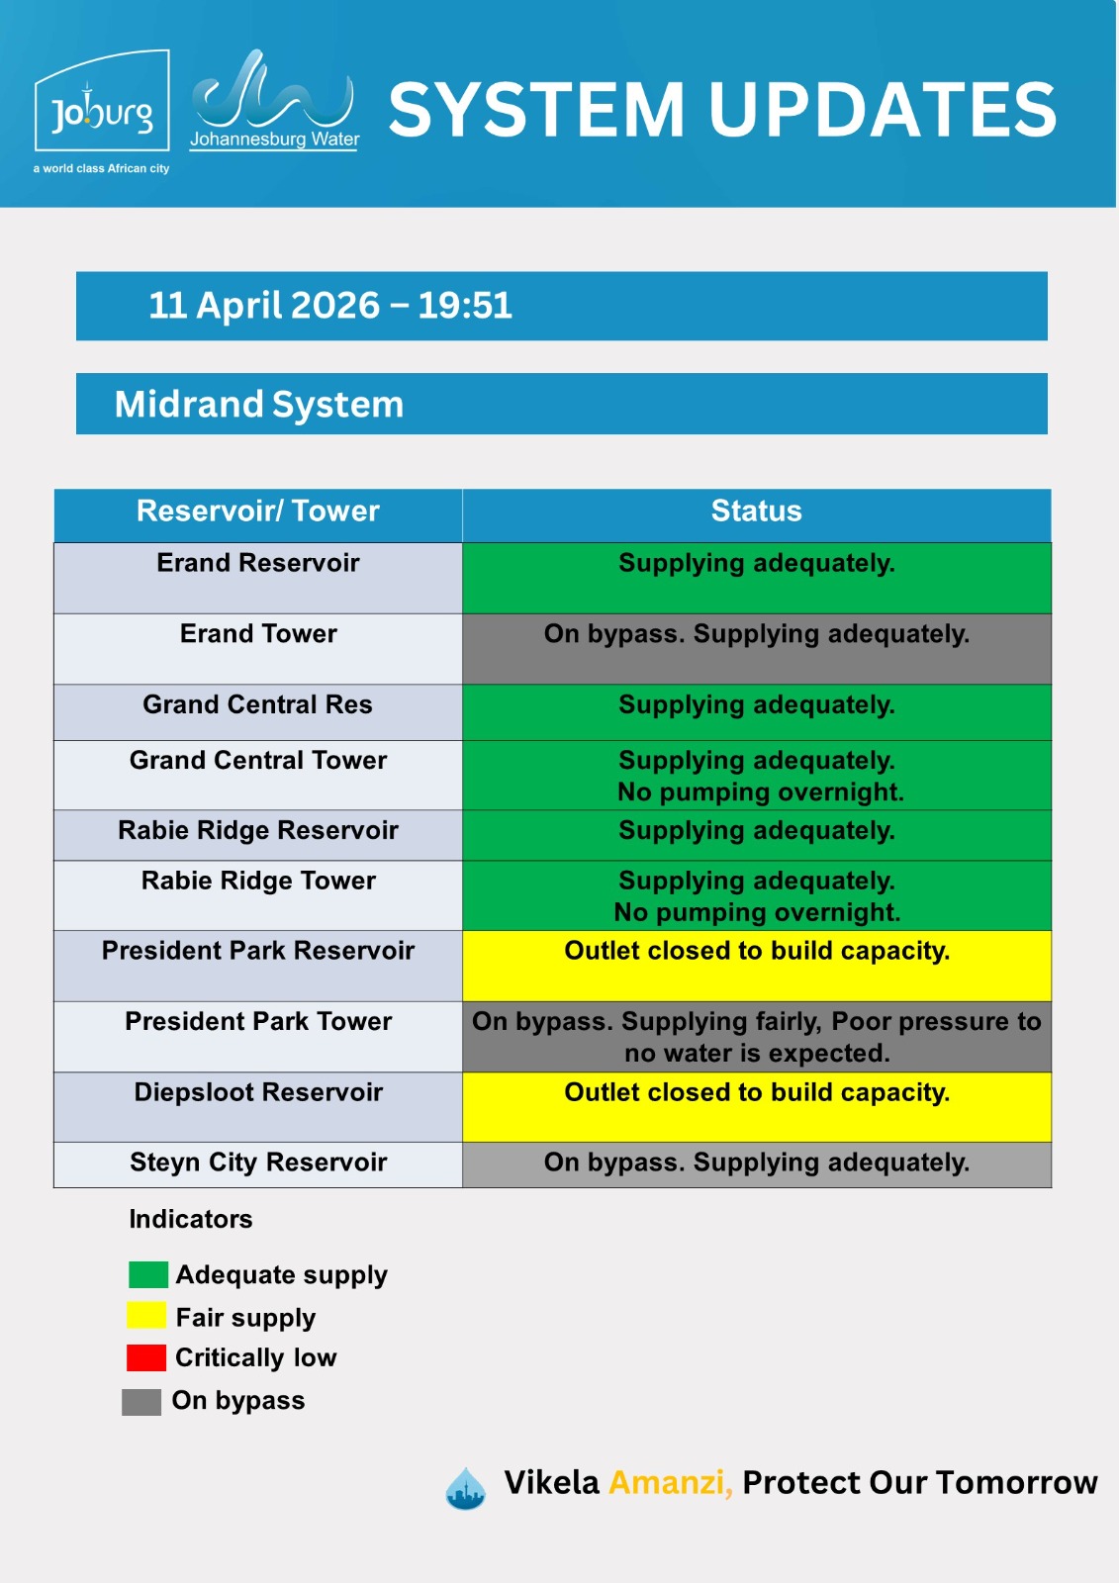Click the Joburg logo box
[102, 100]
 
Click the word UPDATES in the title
[883, 110]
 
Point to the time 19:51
[464, 306]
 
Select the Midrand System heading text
[258, 405]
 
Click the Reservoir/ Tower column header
[258, 511]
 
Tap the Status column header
[756, 511]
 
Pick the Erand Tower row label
[258, 633]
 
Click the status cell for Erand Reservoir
[756, 578]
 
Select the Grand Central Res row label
[258, 704]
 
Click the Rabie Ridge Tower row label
[258, 881]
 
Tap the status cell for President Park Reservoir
[756, 966]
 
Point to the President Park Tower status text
[756, 1037]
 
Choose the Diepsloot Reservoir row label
[258, 1092]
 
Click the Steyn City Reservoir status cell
[756, 1164]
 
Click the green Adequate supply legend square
[148, 1274]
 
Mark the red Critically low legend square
[146, 1357]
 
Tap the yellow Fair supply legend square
[146, 1315]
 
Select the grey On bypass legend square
[141, 1402]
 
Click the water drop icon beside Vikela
[465, 1488]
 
